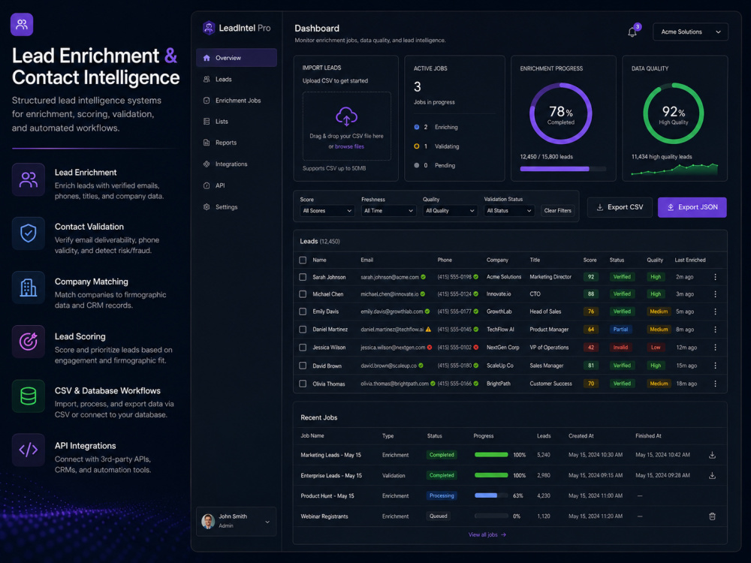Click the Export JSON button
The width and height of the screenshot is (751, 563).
click(x=692, y=207)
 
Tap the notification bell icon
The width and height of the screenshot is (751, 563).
click(x=632, y=32)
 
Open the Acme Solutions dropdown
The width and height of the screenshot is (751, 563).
click(x=690, y=32)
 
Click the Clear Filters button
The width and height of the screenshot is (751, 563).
click(x=557, y=211)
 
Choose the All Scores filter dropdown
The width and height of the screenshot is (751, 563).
click(x=327, y=211)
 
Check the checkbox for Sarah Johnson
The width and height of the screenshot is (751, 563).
click(x=303, y=277)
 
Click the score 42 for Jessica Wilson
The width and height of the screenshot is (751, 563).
click(x=591, y=348)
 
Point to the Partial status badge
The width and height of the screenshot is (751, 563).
click(x=620, y=330)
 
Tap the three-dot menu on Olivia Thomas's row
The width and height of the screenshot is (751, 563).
click(x=715, y=384)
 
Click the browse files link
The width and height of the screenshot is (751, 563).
click(x=349, y=146)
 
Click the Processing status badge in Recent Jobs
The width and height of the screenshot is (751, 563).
click(x=442, y=496)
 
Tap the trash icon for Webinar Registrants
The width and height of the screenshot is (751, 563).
click(x=712, y=516)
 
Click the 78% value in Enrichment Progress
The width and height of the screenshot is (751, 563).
click(x=561, y=112)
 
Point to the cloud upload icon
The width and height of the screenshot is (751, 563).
click(x=346, y=116)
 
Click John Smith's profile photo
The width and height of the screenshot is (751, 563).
click(x=208, y=522)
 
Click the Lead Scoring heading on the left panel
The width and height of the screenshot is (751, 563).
click(x=80, y=336)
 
